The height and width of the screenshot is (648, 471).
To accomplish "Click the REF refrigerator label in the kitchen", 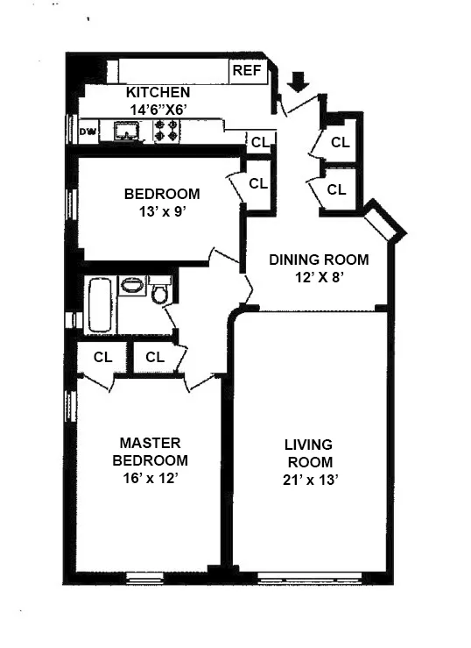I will point(246,72).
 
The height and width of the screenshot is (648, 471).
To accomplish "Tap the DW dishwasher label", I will point(88,132).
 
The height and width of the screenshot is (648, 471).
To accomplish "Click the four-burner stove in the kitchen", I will point(166,131).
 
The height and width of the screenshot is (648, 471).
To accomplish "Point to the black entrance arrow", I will point(299,82).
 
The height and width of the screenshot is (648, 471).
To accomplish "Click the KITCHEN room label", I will point(158,93).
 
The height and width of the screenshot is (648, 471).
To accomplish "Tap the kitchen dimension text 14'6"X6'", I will point(158,109).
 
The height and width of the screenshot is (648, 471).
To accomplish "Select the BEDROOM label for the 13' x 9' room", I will point(161,194).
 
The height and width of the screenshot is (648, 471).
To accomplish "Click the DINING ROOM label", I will point(319,260).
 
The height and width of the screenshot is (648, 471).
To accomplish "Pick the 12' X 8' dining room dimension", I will point(319,276).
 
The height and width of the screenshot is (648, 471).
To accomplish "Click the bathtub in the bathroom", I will point(98,303).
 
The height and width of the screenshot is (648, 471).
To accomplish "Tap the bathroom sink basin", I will point(132,286).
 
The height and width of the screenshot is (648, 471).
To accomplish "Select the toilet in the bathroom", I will point(159,291).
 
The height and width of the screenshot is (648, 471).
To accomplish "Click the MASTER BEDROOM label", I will point(154,452).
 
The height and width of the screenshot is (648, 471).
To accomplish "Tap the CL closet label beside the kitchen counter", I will point(260,142).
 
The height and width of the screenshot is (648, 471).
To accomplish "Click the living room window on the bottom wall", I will point(312,577).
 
